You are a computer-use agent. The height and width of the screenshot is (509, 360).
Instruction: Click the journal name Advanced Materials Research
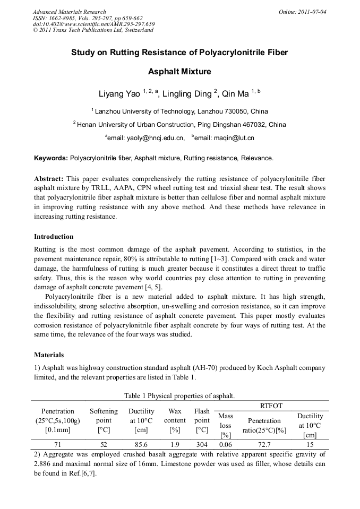tap(69, 12)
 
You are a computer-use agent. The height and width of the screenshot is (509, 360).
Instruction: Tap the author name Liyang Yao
tap(119, 94)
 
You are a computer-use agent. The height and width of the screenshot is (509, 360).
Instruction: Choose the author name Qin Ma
tap(236, 94)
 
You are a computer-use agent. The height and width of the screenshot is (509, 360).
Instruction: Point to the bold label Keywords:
tap(51, 158)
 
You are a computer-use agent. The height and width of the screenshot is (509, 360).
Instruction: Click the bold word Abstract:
tap(49, 179)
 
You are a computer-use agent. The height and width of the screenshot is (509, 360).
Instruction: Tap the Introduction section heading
tap(54, 237)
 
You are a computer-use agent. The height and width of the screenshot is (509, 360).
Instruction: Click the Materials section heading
tap(49, 355)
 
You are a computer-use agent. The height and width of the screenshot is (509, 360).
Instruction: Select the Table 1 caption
tap(179, 396)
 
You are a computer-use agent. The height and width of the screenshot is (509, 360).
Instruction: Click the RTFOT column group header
tap(271, 406)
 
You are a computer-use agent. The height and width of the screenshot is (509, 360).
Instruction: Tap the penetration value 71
tap(58, 445)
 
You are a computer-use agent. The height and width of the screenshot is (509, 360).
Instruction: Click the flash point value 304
tap(202, 445)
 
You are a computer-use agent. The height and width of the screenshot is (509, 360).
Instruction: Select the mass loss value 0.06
tap(226, 445)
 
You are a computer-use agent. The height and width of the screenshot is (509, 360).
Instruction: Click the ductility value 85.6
tap(141, 445)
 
